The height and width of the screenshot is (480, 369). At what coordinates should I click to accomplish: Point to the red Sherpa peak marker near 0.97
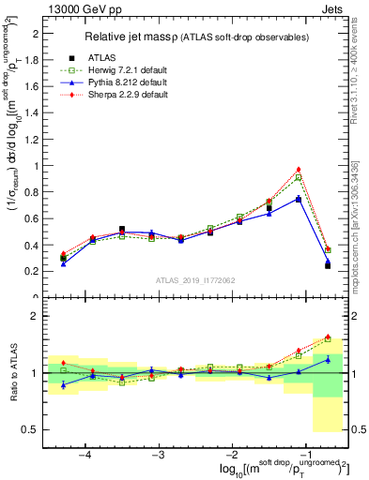[x=299, y=170]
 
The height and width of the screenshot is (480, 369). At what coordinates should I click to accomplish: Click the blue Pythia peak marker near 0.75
[x=299, y=199]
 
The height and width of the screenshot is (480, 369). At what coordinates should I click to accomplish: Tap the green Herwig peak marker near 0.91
[x=299, y=177]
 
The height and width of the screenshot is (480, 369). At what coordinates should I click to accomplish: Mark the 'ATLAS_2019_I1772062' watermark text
[x=195, y=279]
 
